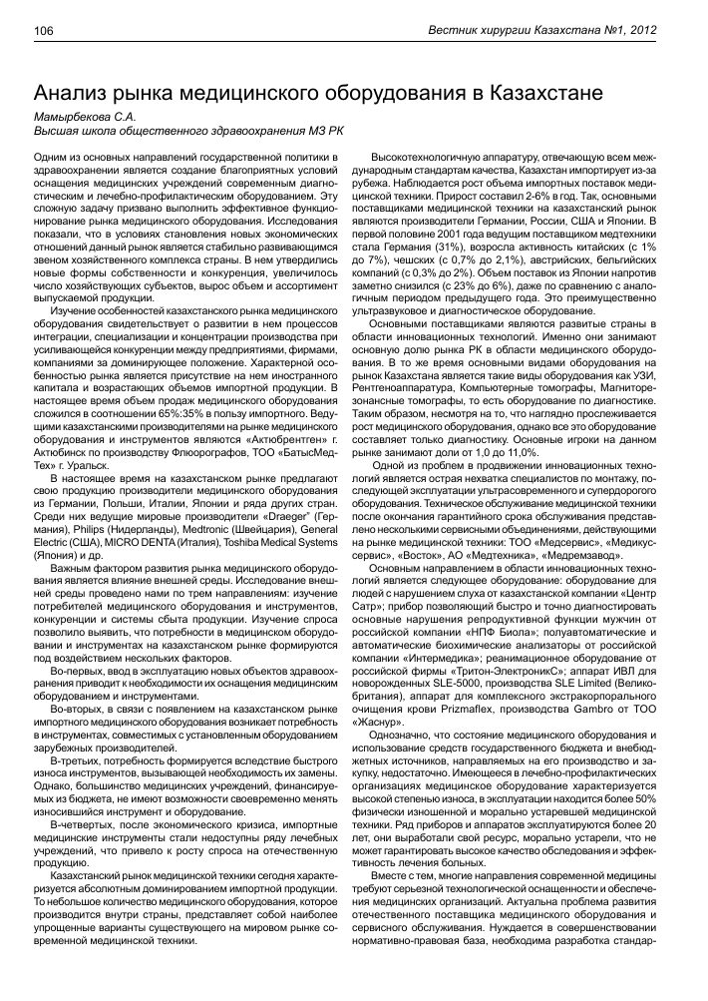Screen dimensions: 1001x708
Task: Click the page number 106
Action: (x=46, y=32)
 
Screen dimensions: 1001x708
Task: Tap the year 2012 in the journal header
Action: (x=668, y=32)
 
